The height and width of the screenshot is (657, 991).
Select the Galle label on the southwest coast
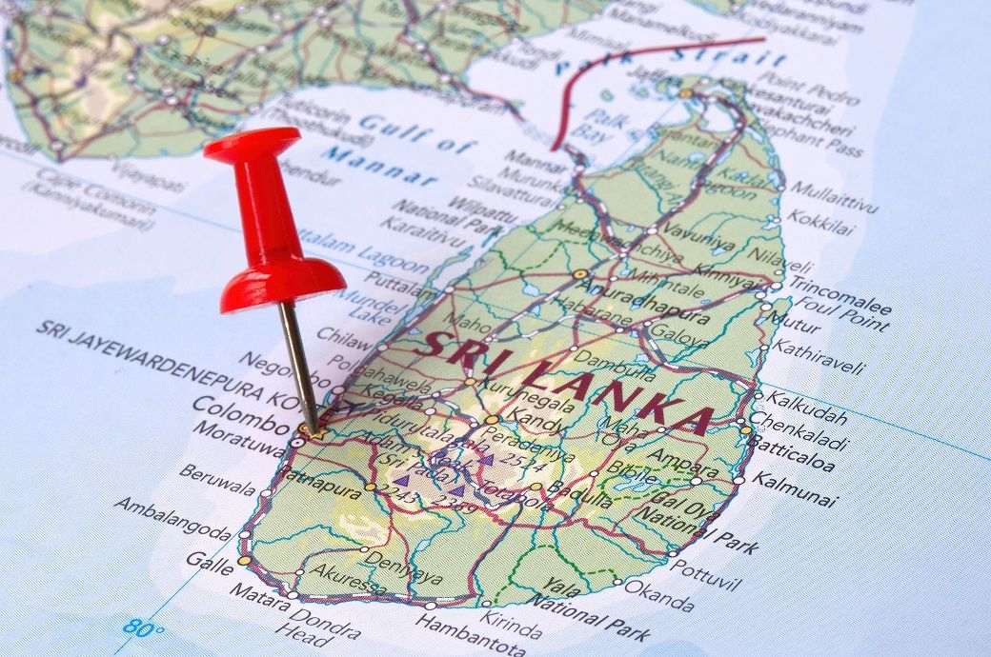(x=209, y=561)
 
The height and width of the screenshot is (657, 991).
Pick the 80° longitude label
(x=143, y=628)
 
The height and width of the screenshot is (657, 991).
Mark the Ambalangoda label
(x=172, y=519)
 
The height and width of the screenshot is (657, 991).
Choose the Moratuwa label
(x=237, y=439)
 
